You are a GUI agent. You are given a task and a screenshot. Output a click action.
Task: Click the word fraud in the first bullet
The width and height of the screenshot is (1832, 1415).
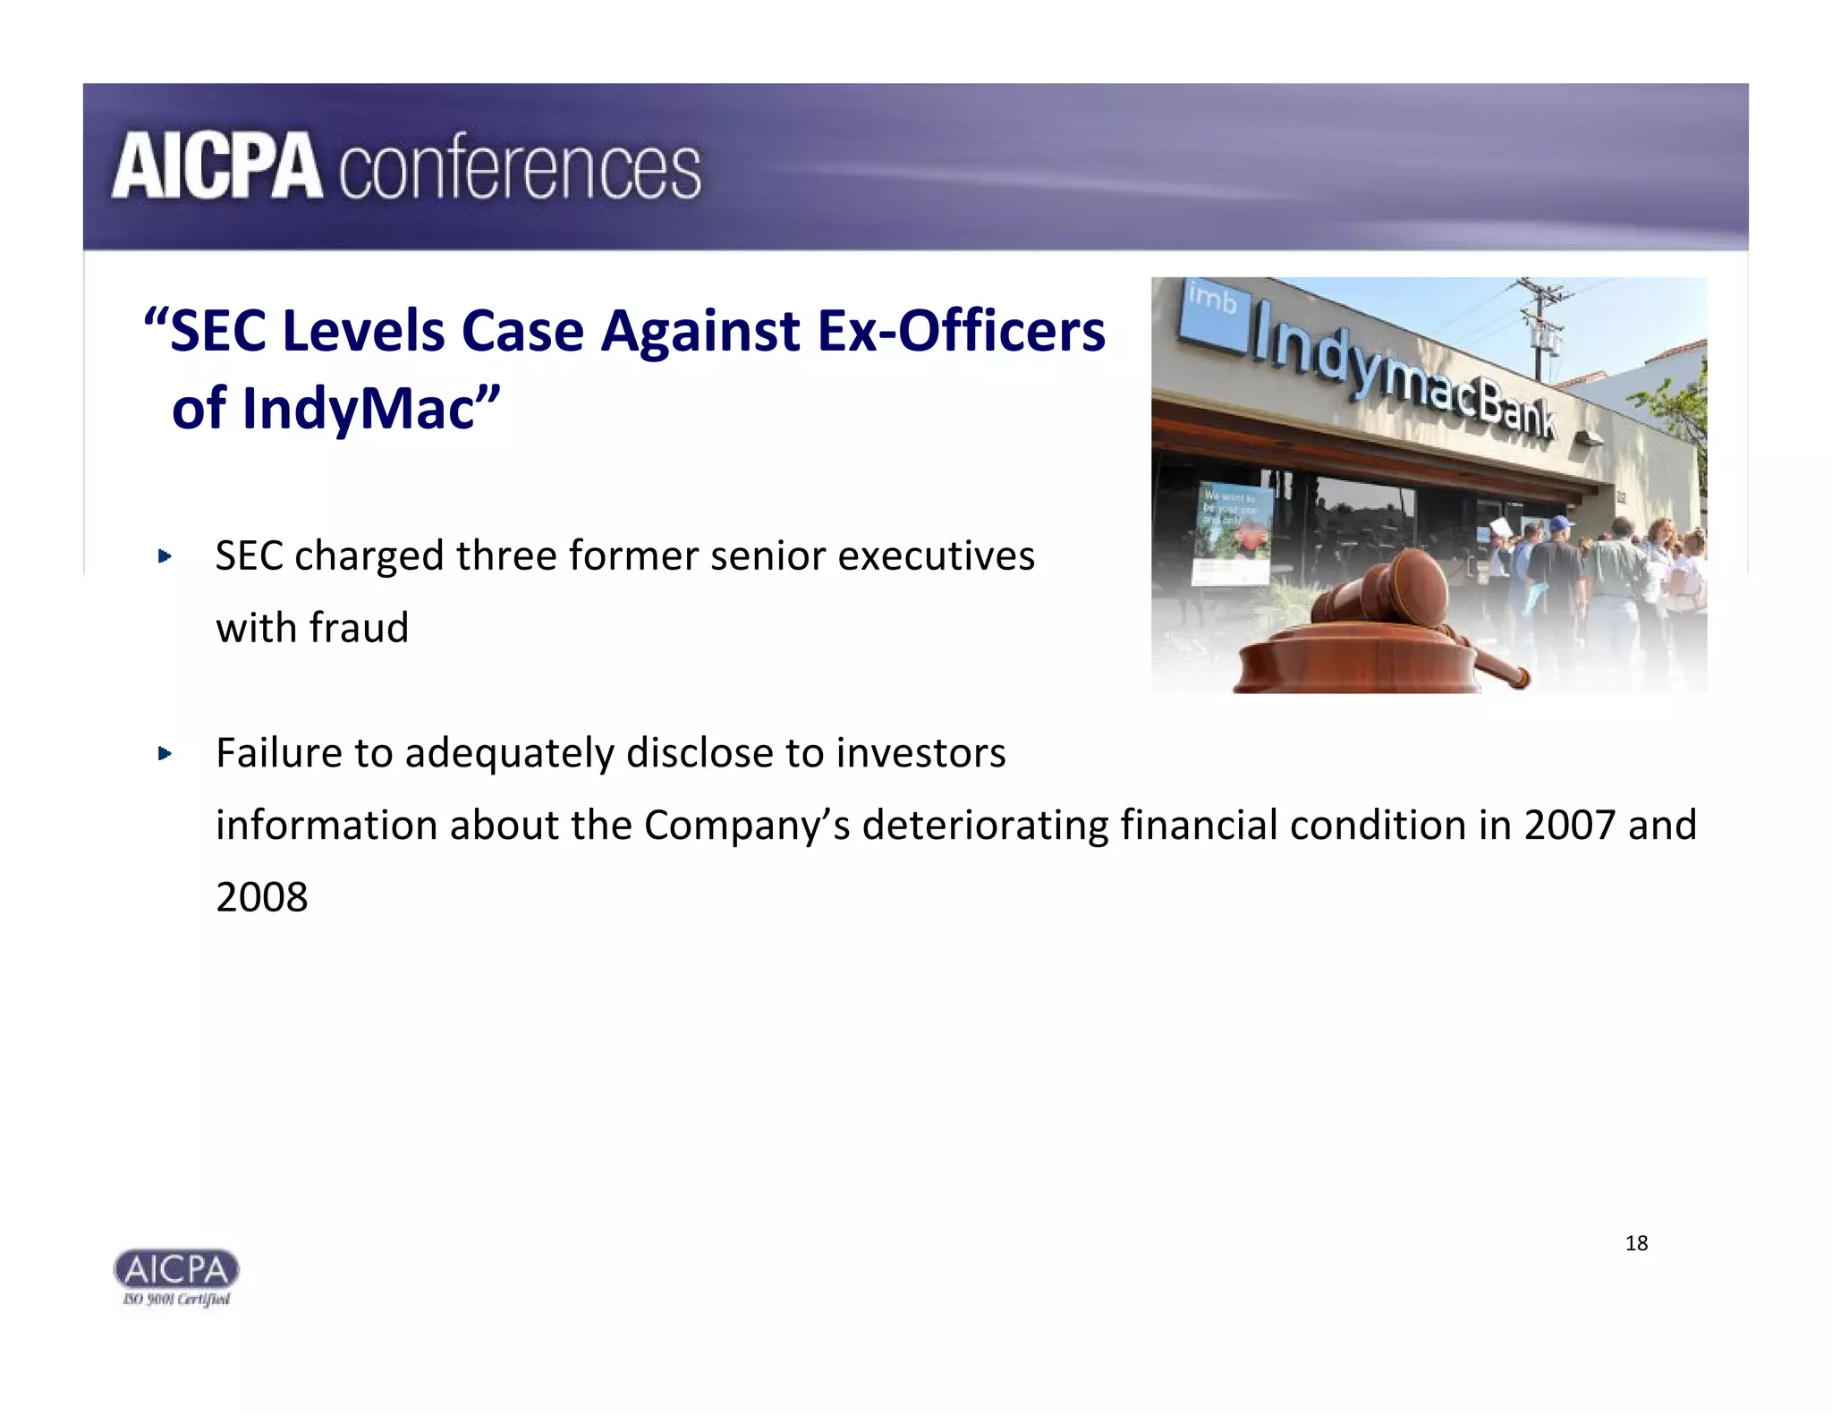tap(360, 628)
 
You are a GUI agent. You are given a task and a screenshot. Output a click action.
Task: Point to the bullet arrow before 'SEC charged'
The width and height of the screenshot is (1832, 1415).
tap(164, 557)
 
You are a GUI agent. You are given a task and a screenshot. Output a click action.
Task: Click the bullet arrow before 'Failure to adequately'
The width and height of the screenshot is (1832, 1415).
tap(164, 754)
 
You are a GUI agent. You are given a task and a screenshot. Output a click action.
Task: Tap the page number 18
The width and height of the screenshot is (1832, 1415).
tap(1636, 1243)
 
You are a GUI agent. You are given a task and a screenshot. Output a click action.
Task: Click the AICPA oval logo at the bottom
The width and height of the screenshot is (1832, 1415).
tap(176, 1269)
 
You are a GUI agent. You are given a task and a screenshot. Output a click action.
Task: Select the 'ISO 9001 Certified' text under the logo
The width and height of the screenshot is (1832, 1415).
tap(176, 1300)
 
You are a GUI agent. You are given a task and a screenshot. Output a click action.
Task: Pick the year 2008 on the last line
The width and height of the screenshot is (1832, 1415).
tap(262, 897)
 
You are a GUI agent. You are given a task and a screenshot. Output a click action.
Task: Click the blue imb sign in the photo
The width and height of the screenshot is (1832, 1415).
tap(1212, 309)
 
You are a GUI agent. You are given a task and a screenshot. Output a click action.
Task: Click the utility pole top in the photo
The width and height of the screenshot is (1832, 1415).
tap(1540, 295)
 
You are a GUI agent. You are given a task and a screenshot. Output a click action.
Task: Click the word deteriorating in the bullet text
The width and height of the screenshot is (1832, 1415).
tap(985, 826)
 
